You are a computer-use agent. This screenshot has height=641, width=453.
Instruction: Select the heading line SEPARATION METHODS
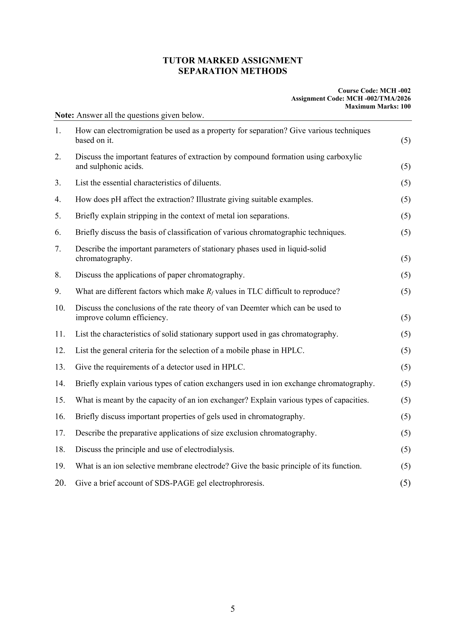click(x=232, y=71)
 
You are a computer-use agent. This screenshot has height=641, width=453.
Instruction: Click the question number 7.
click(x=58, y=249)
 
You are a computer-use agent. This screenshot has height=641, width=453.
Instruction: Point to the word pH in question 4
click(x=117, y=200)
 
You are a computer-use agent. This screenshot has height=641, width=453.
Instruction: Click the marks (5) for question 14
click(x=406, y=384)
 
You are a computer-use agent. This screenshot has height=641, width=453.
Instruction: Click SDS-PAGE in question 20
click(x=174, y=483)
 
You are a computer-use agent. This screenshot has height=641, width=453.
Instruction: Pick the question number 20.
click(x=60, y=483)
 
